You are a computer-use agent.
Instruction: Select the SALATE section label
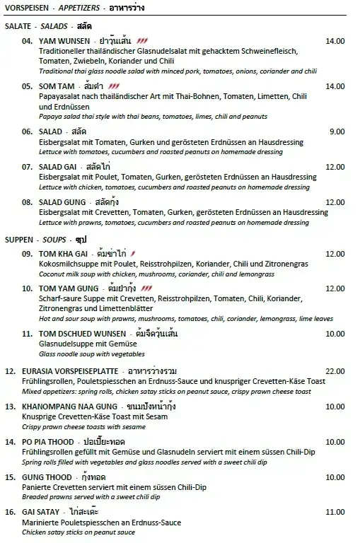pyautogui.click(x=18, y=25)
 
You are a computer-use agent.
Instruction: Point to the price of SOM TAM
pyautogui.click(x=335, y=86)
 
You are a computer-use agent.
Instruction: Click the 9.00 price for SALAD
pyautogui.click(x=337, y=132)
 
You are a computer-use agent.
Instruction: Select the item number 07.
pyautogui.click(x=28, y=167)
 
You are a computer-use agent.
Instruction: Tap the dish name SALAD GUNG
pyautogui.click(x=69, y=202)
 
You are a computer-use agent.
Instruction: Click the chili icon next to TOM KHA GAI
pyautogui.click(x=133, y=254)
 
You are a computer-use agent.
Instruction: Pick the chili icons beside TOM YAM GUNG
pyautogui.click(x=147, y=288)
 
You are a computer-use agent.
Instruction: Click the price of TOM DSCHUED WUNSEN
pyautogui.click(x=335, y=333)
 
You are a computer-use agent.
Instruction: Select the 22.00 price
pyautogui.click(x=335, y=370)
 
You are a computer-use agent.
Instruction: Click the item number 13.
pyautogui.click(x=11, y=407)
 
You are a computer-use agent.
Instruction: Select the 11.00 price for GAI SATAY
pyautogui.click(x=335, y=512)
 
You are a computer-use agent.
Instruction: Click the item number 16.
pyautogui.click(x=11, y=512)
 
